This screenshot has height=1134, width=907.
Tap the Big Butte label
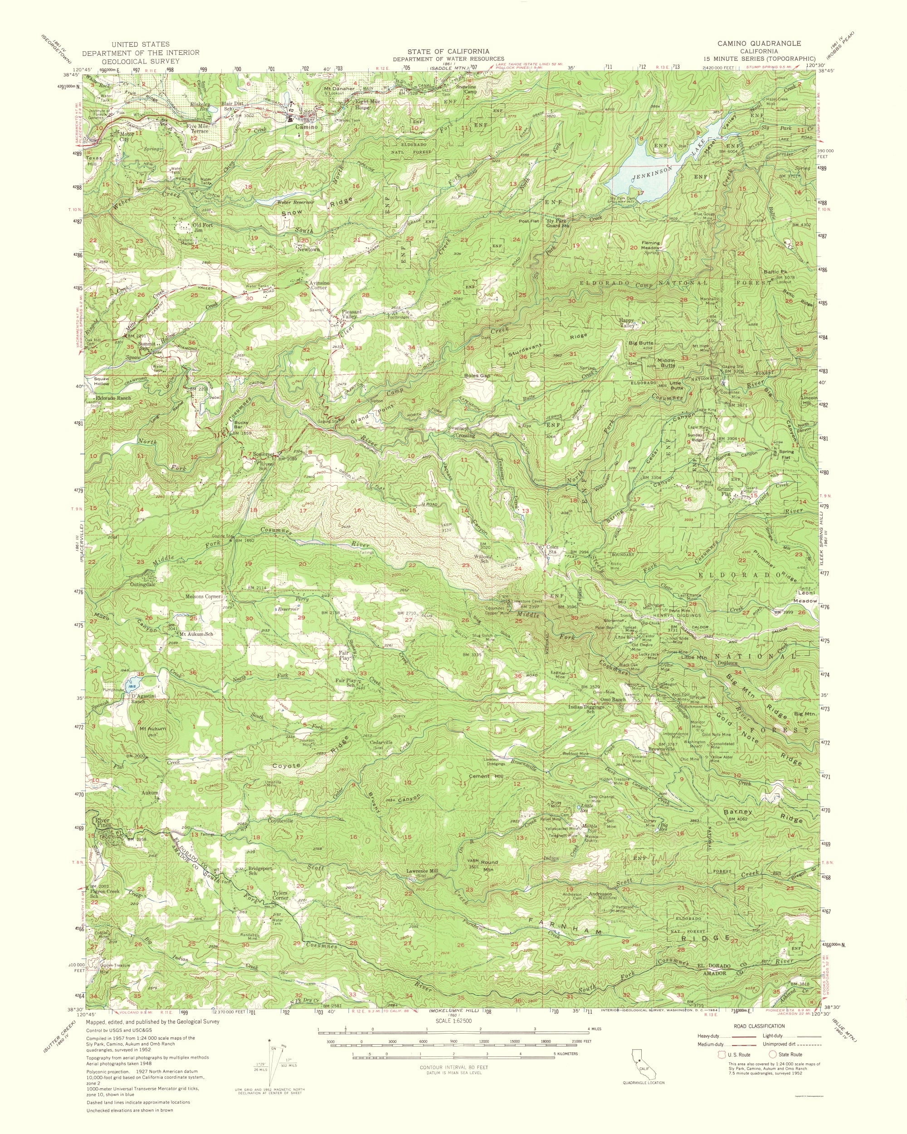[640, 343]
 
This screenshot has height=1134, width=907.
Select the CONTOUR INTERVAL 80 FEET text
[453, 1063]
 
